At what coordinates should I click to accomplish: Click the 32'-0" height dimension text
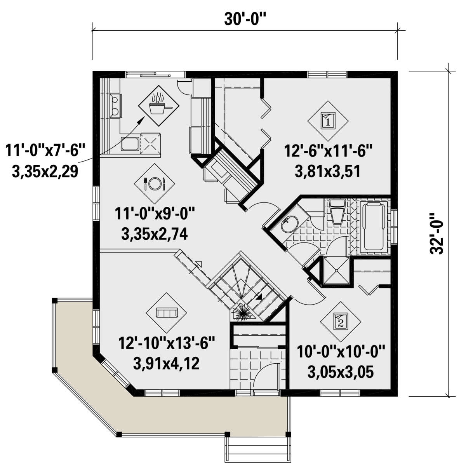[438, 233]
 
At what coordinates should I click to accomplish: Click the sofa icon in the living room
[167, 312]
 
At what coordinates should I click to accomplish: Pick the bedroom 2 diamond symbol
[341, 321]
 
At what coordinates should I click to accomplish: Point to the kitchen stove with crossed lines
[151, 143]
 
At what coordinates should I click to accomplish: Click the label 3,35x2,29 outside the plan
[45, 171]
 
